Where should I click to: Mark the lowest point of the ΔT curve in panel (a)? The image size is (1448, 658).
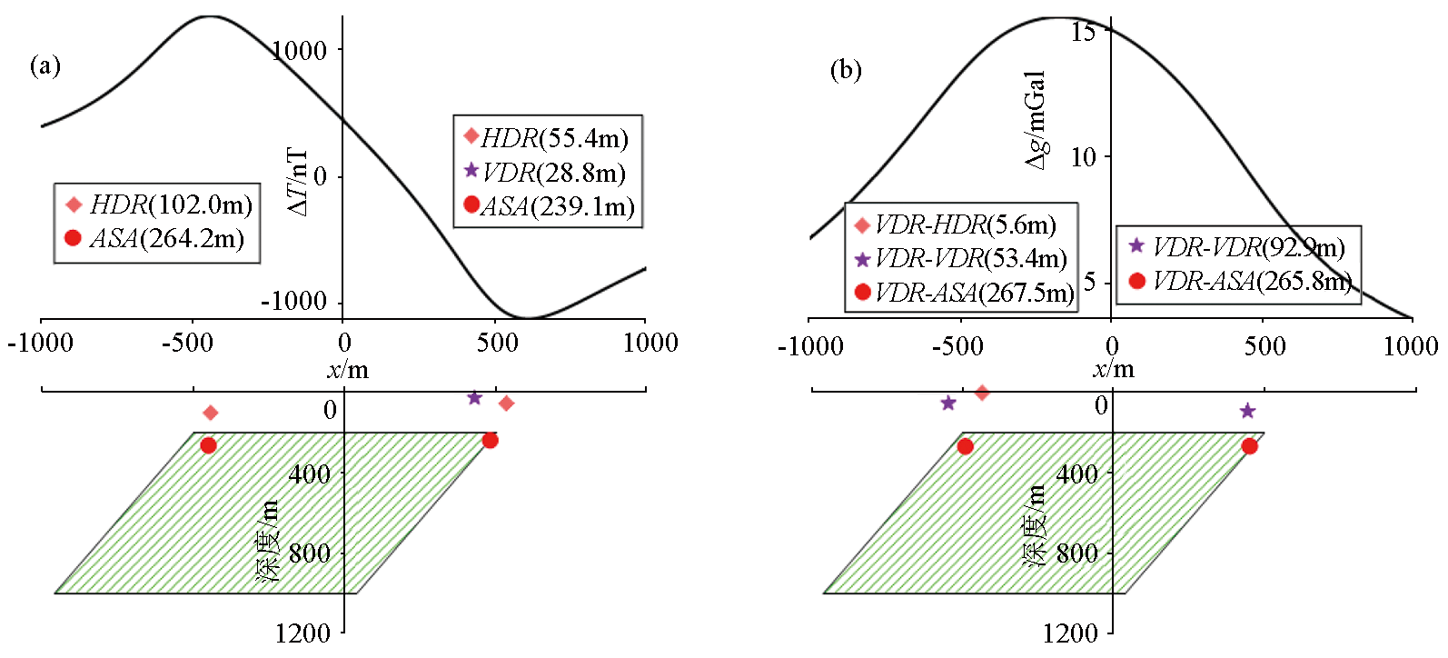(x=528, y=318)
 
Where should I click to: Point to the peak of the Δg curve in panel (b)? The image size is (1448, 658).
(x=1060, y=17)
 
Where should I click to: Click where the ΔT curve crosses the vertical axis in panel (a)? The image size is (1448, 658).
(x=343, y=120)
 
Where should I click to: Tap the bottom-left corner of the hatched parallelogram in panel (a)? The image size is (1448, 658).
(x=55, y=593)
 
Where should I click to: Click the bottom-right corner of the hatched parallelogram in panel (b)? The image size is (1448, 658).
(x=1126, y=593)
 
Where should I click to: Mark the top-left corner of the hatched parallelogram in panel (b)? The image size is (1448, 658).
(x=962, y=433)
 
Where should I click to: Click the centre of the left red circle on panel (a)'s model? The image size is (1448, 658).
(x=208, y=445)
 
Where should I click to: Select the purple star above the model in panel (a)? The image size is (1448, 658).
(x=474, y=397)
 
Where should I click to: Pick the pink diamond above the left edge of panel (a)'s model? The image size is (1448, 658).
(x=210, y=413)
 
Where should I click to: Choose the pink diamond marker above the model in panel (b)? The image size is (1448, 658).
(x=982, y=392)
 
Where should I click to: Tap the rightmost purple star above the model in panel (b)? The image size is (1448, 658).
(x=1247, y=410)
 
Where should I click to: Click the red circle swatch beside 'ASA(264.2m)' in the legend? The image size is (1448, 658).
(x=73, y=238)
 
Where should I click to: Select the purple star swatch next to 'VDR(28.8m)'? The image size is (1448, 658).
(x=471, y=171)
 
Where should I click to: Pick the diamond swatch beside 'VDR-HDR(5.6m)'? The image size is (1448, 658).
(x=862, y=225)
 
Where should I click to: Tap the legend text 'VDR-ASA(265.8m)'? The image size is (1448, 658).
(x=1253, y=281)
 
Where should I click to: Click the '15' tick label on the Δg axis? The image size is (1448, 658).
(x=1084, y=30)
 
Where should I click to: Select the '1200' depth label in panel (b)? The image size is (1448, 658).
(x=1070, y=633)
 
